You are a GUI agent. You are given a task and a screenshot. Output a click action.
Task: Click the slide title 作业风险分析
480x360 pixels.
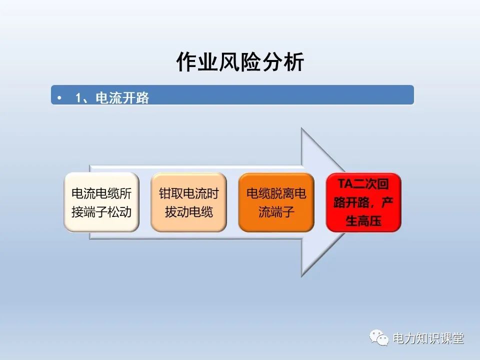coord(240,62)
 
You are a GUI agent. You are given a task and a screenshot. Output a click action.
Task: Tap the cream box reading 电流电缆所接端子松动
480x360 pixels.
coord(101,202)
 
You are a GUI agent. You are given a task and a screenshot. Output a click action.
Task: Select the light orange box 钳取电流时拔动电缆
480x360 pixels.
coord(189,202)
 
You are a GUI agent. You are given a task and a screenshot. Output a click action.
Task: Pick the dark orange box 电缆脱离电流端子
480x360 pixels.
coord(276,202)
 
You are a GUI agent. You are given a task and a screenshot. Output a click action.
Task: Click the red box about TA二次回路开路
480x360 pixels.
coord(363,202)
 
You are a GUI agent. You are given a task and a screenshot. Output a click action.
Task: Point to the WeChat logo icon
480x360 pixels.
coord(379,338)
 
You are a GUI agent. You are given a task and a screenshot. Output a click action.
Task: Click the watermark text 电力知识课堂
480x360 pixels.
coord(428,339)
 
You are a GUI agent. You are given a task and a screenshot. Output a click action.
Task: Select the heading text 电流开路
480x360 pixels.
coord(122,97)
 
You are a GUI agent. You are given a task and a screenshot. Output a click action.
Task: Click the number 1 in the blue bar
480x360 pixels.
coord(78,97)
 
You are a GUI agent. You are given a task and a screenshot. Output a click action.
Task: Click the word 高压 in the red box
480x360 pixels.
coord(370,221)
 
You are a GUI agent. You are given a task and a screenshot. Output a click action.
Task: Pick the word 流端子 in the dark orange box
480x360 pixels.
coord(276,212)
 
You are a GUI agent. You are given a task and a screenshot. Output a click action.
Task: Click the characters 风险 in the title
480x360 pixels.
coord(240,62)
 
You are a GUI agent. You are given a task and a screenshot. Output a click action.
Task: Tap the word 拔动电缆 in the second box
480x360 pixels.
coord(189,212)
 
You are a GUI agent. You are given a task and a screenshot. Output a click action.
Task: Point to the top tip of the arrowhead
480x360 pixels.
coord(301,128)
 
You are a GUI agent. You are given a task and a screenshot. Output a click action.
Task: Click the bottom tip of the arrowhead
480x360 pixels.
coord(301,276)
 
